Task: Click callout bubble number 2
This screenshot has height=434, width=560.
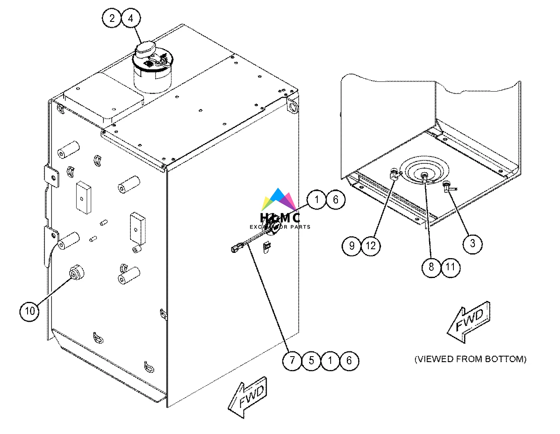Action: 112,18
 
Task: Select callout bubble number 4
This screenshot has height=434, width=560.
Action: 131,18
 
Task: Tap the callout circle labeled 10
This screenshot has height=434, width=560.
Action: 30,311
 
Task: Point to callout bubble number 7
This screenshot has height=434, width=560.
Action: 292,360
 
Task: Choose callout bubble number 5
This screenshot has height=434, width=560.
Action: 311,360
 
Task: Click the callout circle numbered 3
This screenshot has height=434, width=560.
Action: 472,244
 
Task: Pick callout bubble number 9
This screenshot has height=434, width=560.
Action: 352,246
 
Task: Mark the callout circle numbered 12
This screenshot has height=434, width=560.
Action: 371,246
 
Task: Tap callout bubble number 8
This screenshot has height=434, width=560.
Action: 431,267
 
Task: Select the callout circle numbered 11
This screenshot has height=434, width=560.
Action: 450,267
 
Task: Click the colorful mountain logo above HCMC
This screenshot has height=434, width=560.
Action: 279,200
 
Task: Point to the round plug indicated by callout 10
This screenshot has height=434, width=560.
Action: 76,274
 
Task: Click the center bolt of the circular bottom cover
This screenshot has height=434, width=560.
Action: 424,175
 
